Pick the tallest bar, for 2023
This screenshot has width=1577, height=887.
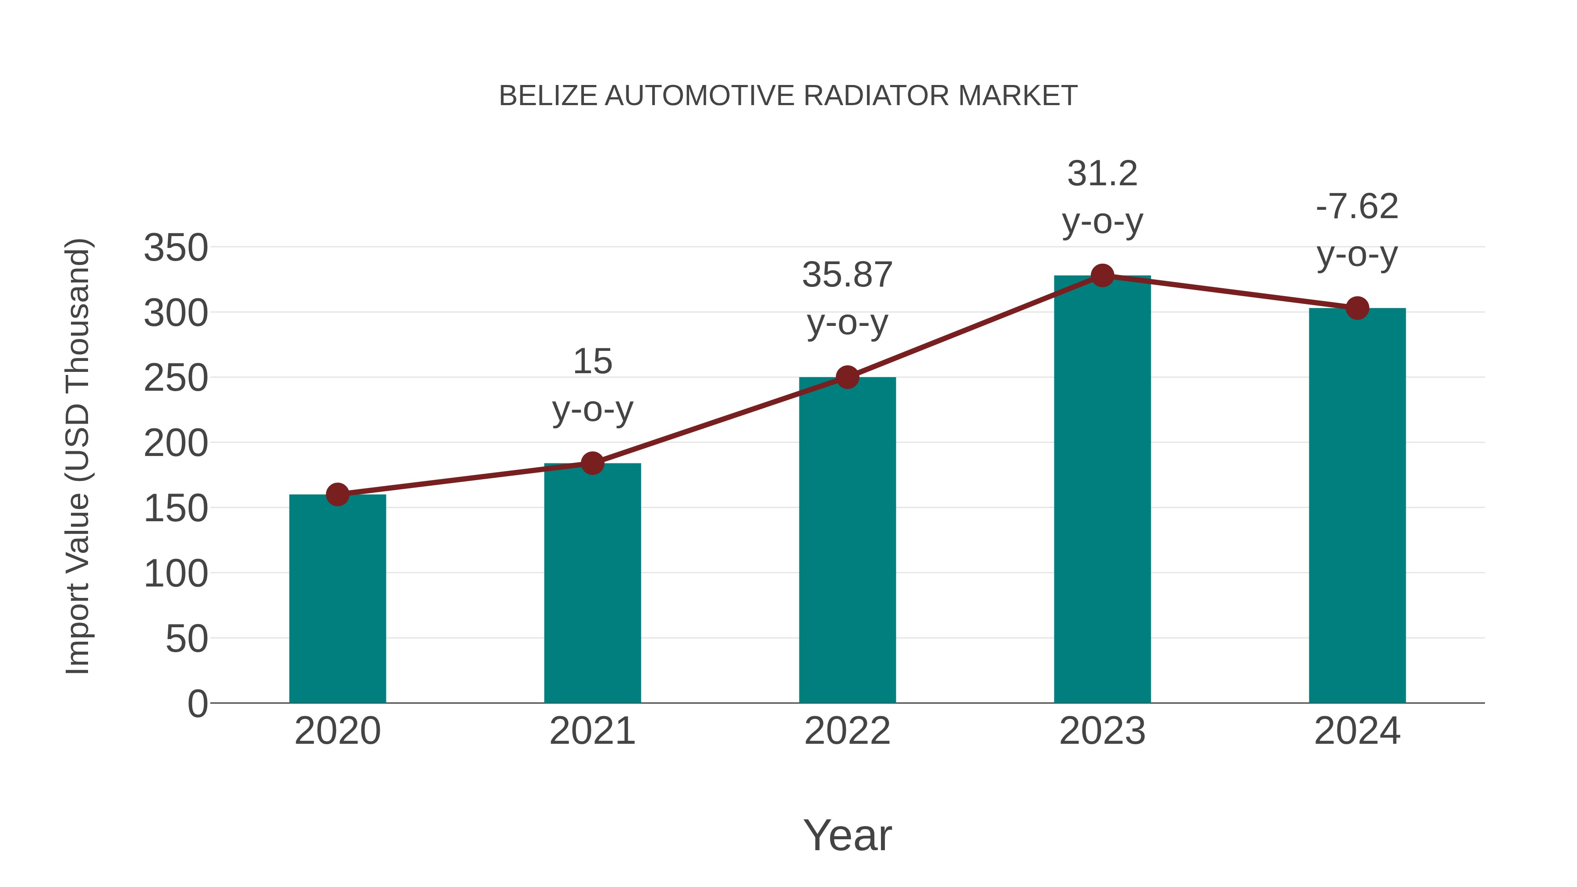click(1102, 490)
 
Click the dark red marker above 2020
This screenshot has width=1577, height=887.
click(337, 494)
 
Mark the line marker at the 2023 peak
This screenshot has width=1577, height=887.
click(1102, 276)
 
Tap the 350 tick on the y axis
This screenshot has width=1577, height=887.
click(176, 248)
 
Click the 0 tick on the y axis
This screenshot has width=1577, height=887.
click(197, 703)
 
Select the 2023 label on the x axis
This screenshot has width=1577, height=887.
click(1102, 731)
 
